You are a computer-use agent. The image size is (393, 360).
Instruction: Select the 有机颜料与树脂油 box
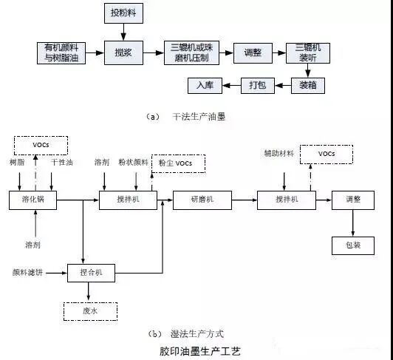tap(61, 52)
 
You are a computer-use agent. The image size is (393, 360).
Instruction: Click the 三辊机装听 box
tap(307, 52)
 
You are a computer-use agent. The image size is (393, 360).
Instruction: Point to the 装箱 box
tap(307, 85)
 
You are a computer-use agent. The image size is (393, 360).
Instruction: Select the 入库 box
tap(204, 85)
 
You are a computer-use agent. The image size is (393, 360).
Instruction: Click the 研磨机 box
tap(196, 200)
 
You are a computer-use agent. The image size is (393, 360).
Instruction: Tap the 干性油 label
tap(61, 162)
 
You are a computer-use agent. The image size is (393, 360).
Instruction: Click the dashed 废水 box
tap(91, 311)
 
